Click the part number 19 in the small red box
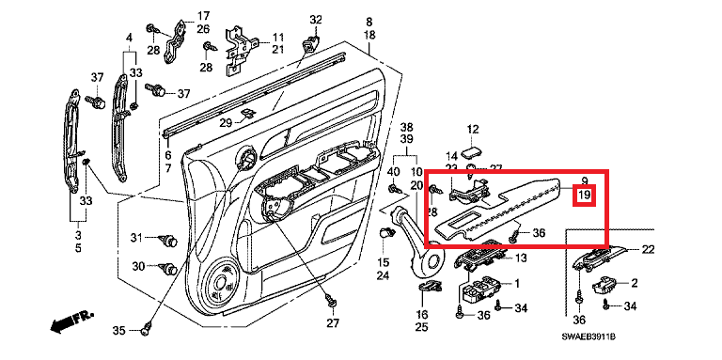[x=584, y=195]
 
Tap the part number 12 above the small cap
[x=473, y=130]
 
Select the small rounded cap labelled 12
[x=472, y=153]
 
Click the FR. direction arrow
[x=71, y=320]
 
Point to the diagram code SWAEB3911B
[x=589, y=337]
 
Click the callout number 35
[x=118, y=331]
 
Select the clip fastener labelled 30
[x=167, y=268]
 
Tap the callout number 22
[x=648, y=249]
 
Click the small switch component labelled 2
[x=604, y=286]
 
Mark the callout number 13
[x=520, y=258]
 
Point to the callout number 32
[x=316, y=21]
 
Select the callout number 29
[x=226, y=123]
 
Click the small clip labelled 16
[x=430, y=287]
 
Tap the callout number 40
[x=393, y=172]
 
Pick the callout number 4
[x=129, y=37]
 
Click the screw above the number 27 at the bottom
[x=331, y=301]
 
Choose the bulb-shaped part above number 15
[x=385, y=233]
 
